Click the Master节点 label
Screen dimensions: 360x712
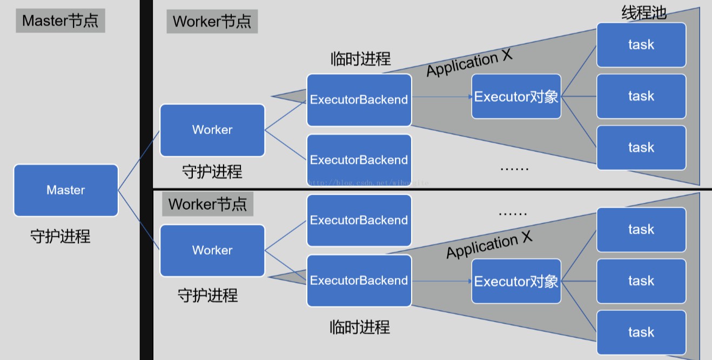tap(60, 21)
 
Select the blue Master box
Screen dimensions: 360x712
tap(66, 190)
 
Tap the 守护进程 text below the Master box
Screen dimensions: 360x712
tap(60, 236)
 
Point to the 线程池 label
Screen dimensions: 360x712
tap(643, 12)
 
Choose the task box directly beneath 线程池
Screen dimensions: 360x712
tap(641, 45)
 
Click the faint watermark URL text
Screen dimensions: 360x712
tap(367, 183)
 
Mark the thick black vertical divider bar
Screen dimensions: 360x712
tap(146, 180)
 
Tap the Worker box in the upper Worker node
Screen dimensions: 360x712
tap(212, 130)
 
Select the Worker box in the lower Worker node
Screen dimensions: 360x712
tap(212, 251)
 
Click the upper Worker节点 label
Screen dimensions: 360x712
tap(212, 22)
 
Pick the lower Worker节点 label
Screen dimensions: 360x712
tap(208, 204)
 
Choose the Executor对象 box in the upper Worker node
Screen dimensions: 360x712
tap(516, 97)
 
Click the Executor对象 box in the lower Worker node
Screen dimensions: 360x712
tap(516, 281)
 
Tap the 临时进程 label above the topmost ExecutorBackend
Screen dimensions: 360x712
tap(360, 59)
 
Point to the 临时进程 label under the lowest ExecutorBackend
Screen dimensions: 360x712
tap(360, 327)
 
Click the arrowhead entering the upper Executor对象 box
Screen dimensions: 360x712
tap(468, 97)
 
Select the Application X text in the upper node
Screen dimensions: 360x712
tap(469, 64)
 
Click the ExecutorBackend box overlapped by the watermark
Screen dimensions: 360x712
tap(359, 160)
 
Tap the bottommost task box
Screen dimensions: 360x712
tap(641, 332)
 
